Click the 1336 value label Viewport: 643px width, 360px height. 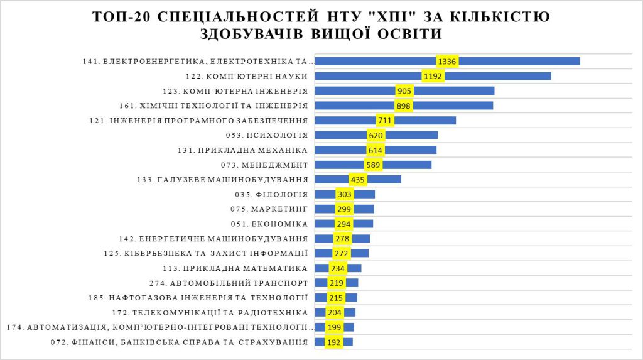tap(447, 62)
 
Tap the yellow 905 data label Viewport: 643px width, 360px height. tap(404, 91)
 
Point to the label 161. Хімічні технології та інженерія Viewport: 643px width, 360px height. tap(213, 106)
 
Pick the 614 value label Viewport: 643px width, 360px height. tap(375, 150)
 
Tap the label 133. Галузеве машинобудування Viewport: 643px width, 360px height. tap(222, 180)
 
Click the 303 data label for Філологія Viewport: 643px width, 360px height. tap(344, 194)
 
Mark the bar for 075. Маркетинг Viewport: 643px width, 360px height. tap(364, 209)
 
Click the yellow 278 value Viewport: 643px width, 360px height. tap(342, 239)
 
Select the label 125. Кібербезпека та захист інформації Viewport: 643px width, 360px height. tap(205, 253)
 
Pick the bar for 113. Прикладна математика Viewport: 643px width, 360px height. tap(354, 268)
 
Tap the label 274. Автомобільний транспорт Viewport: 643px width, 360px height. tap(229, 283)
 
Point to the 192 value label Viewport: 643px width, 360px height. tap(333, 342)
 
